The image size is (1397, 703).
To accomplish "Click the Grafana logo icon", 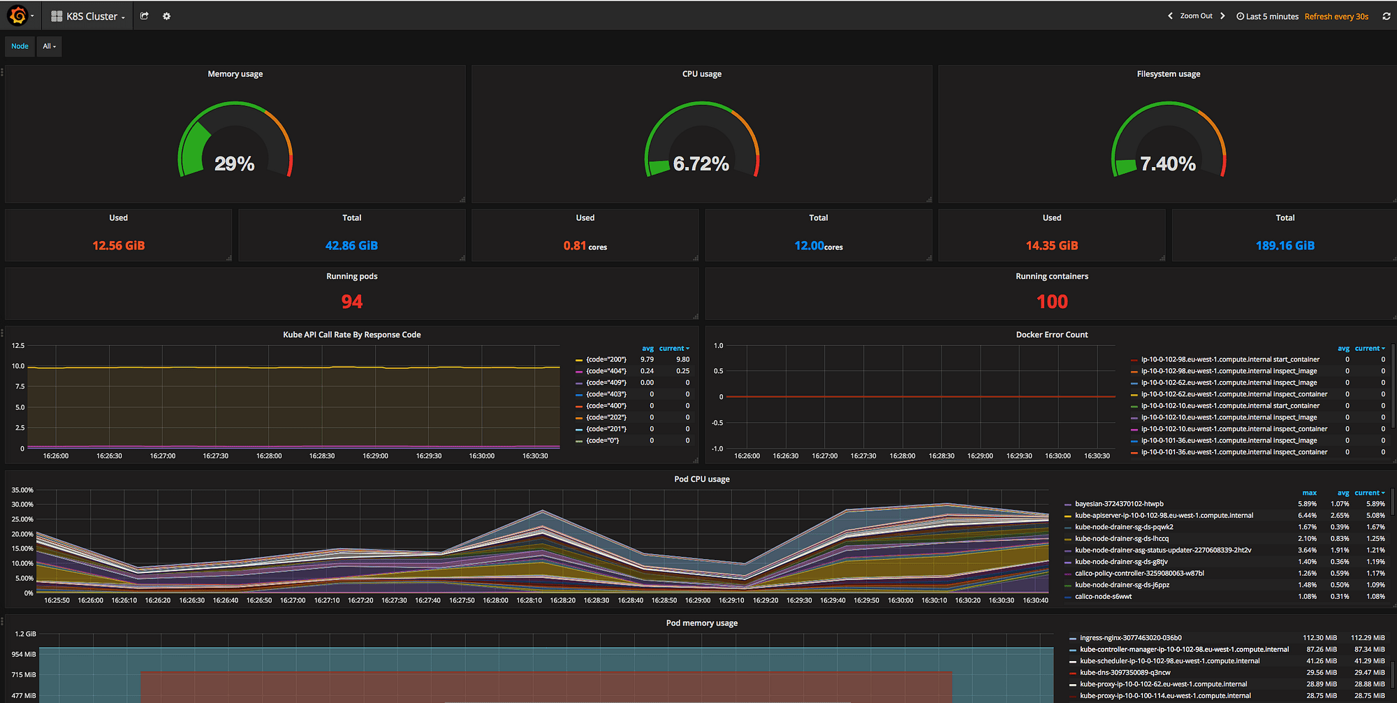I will (18, 15).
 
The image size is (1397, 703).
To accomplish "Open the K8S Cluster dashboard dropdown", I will (89, 16).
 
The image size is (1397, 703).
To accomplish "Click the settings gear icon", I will (166, 16).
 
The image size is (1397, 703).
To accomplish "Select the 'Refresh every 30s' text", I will (1336, 16).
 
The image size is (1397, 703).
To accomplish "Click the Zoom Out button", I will (1196, 16).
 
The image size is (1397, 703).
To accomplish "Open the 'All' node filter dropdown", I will (49, 46).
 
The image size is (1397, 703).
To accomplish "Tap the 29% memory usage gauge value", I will (235, 164).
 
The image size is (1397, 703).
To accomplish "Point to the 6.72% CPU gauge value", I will (701, 164).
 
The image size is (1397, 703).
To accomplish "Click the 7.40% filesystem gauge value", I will (1167, 164).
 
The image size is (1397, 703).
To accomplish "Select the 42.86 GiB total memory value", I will (351, 245).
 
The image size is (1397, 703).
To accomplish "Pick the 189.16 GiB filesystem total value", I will (1285, 245).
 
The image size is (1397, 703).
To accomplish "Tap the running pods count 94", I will (351, 302).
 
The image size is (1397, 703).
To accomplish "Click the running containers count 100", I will (1052, 302).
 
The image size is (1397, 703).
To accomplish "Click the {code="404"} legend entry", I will (606, 371).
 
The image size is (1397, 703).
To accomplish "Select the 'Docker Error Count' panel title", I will (1051, 335).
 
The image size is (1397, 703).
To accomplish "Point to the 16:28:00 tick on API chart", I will (269, 456).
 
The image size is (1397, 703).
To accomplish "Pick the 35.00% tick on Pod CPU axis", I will (22, 490).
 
